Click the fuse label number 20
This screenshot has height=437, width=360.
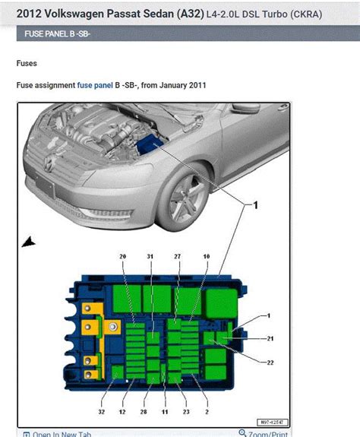[x=122, y=257]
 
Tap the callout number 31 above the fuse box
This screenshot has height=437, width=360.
[x=150, y=257]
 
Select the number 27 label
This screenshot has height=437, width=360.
[x=177, y=257]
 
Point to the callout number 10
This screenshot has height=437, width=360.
[x=205, y=257]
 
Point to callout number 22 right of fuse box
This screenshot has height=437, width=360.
[x=270, y=363]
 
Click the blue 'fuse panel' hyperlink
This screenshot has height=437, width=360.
[x=95, y=86]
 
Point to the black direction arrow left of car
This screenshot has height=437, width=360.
[x=29, y=242]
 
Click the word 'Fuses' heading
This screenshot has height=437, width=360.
[x=27, y=64]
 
